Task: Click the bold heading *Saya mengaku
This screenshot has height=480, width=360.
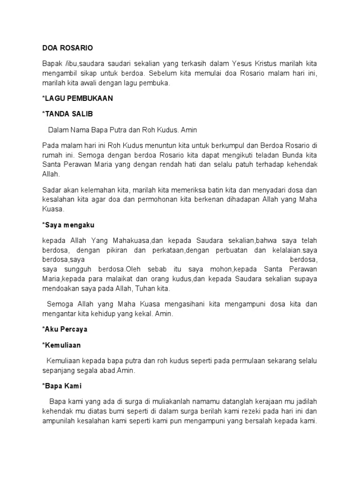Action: [68, 225]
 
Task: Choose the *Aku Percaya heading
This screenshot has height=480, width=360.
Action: [65, 329]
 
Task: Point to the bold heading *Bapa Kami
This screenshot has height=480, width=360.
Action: [62, 386]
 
